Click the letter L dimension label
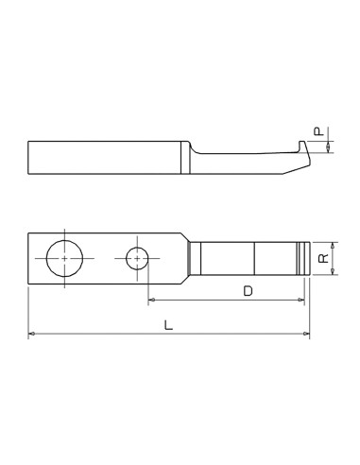coord(168,324)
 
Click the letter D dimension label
coord(248,291)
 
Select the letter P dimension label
coord(319,132)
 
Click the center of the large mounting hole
coord(64,257)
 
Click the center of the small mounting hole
coord(138,258)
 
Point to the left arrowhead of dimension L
coord(31,334)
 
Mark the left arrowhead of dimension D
coord(151,301)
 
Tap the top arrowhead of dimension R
coord(334,243)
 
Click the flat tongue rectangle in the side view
coord(104,157)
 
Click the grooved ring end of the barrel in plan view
coord(303,259)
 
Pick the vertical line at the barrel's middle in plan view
coord(254,259)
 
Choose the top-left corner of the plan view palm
coord(28,233)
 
